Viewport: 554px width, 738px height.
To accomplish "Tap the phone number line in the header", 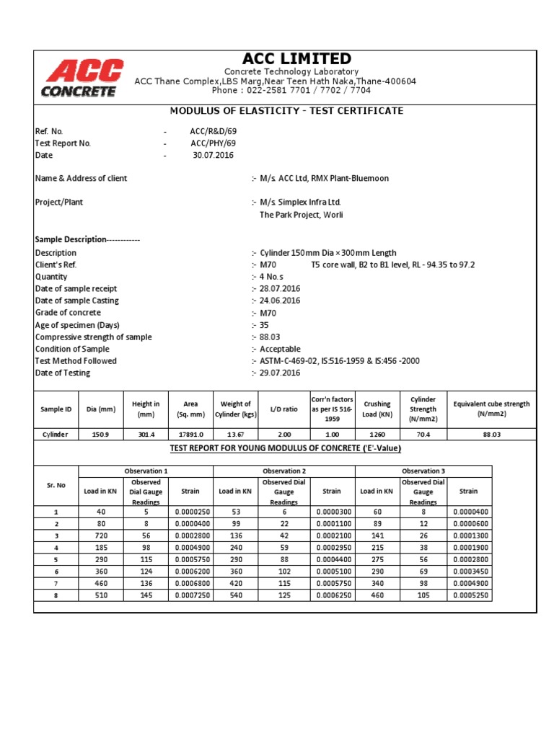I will pyautogui.click(x=291, y=91).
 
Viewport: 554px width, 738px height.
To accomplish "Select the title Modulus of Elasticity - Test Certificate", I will pyautogui.click(x=286, y=111).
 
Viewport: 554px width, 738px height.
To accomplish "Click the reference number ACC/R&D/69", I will pyautogui.click(x=213, y=132).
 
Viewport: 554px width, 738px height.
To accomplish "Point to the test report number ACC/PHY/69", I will pyautogui.click(x=213, y=143).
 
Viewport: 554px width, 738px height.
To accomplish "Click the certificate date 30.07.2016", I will pyautogui.click(x=213, y=155).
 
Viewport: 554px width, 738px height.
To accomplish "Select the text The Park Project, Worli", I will pyautogui.click(x=301, y=215).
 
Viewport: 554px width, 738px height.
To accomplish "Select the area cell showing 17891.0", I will pyautogui.click(x=191, y=435).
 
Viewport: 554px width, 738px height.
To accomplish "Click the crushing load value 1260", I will pyautogui.click(x=377, y=435).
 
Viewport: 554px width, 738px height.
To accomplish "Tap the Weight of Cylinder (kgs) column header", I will pyautogui.click(x=235, y=409).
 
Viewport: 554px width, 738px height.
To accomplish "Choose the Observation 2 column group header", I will pyautogui.click(x=283, y=471).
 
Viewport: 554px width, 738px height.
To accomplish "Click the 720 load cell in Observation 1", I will pyautogui.click(x=102, y=537).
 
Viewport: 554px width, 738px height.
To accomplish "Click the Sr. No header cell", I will pyautogui.click(x=56, y=486).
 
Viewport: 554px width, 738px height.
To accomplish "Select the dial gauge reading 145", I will pyautogui.click(x=146, y=596).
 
